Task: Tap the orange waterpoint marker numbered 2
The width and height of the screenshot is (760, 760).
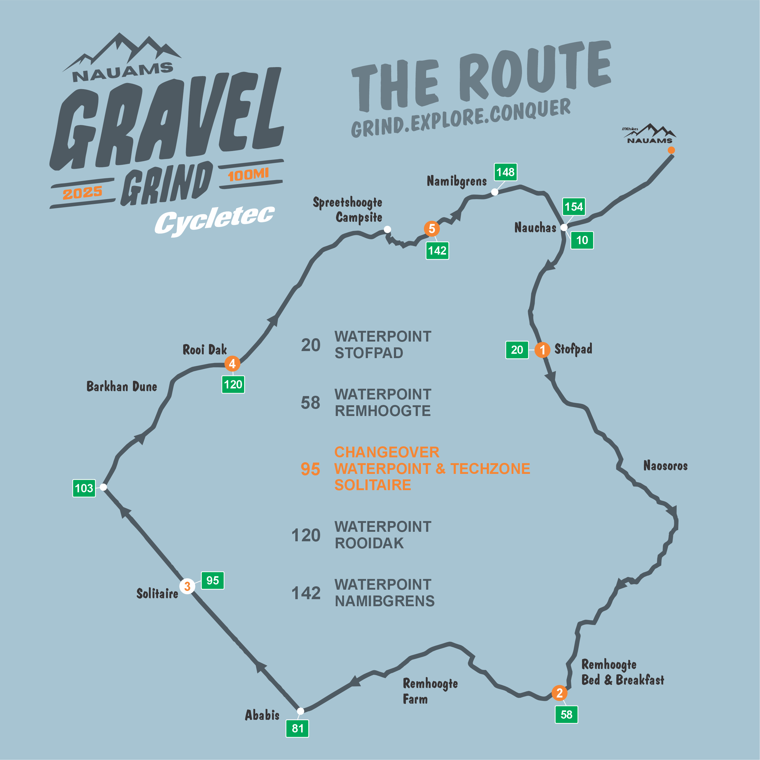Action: coord(559,693)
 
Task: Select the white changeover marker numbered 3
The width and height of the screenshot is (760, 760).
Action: coord(187,586)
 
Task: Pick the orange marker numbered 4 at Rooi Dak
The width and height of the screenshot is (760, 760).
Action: coord(232,364)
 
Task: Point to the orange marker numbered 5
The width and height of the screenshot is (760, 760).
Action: coord(432,229)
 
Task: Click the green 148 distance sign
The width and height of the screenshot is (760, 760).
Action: coord(505,172)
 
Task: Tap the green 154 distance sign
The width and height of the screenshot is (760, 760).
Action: coord(573,206)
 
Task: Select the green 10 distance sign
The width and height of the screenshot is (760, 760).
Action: coord(582,240)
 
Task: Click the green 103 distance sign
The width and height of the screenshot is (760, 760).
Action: coord(84,488)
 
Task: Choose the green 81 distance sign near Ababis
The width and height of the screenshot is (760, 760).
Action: coord(297,728)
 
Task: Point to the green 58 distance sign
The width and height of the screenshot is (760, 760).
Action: coord(566,714)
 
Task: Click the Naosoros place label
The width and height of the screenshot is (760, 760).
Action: coord(665,466)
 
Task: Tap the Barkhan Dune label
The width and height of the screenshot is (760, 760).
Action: coord(122,387)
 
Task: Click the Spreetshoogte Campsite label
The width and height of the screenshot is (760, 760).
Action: coord(348,210)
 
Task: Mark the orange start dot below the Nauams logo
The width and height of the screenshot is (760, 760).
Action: coord(671,150)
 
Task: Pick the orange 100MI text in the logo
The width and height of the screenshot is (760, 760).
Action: coord(248,174)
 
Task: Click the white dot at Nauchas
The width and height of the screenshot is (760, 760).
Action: coord(564,227)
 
